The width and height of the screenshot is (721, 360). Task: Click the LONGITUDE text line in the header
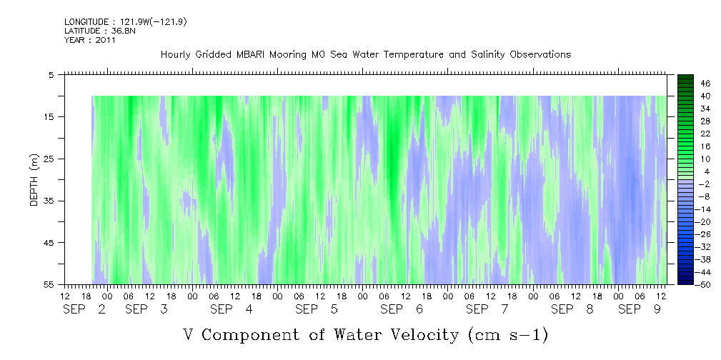126,21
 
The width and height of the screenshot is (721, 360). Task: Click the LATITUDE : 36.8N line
100,31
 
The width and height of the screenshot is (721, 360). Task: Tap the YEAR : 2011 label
89,40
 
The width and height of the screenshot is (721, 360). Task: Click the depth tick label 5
51,75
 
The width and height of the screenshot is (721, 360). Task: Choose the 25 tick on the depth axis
49,159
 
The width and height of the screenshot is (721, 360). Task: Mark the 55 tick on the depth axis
49,284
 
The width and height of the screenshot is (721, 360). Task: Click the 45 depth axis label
49,243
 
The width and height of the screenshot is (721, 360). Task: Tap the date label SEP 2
84,309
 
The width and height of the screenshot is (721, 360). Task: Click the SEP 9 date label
640,309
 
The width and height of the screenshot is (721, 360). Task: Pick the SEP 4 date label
232,309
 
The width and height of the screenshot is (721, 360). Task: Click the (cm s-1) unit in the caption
508,335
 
